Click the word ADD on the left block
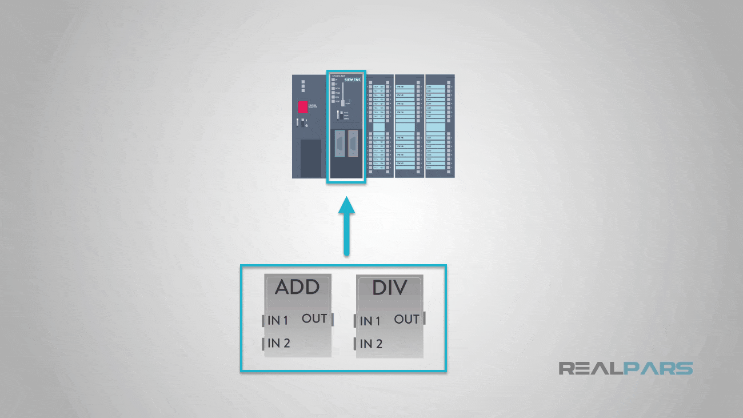tap(297, 287)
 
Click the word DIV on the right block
tap(389, 288)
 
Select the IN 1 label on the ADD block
tap(278, 321)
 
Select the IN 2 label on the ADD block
tap(278, 343)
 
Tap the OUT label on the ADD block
tap(314, 319)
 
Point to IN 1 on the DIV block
tap(370, 321)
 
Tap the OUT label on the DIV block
tap(406, 320)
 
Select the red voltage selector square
tap(302, 107)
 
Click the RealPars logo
tap(625, 368)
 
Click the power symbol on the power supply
tap(307, 125)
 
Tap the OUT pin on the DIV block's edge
tap(424, 319)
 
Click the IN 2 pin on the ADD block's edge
tap(263, 344)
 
